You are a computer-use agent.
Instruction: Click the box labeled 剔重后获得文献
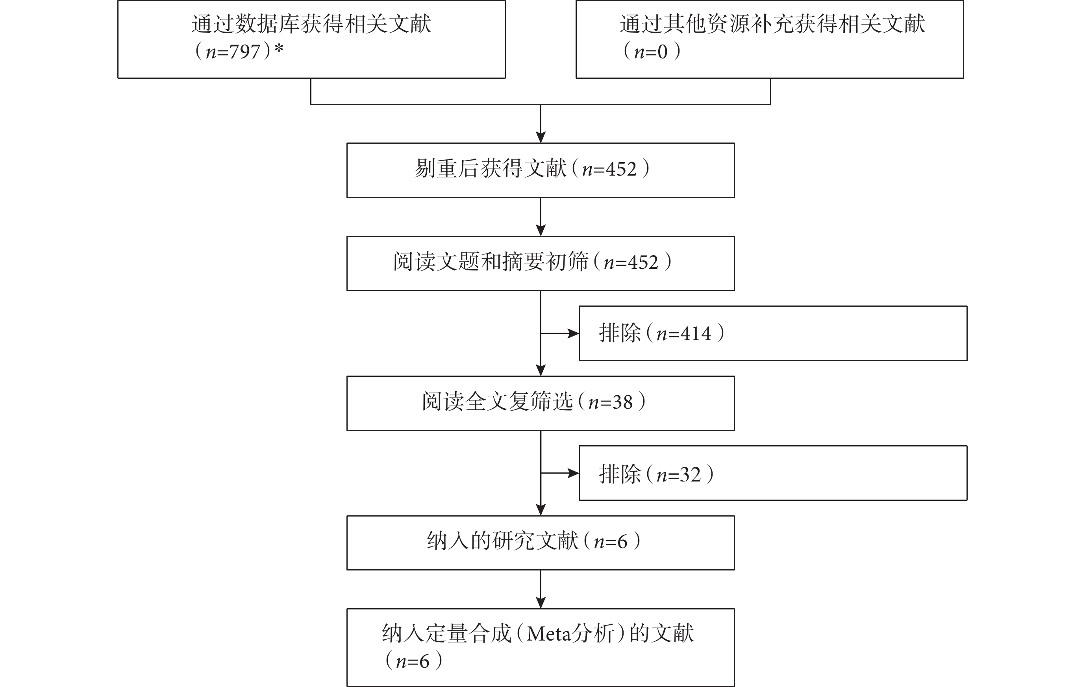540,170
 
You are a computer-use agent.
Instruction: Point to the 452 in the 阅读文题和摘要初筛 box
642,262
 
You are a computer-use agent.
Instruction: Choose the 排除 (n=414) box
773,333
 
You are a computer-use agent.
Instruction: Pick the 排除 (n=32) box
773,473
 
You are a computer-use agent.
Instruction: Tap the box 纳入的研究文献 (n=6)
540,543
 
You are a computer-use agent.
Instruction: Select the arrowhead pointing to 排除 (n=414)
574,333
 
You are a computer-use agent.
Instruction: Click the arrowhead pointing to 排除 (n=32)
574,473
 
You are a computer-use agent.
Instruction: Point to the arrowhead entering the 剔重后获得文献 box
541,137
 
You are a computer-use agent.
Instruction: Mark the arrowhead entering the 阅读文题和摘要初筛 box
541,231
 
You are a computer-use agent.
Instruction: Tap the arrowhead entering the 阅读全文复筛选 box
541,370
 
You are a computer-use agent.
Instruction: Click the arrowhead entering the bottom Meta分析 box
541,603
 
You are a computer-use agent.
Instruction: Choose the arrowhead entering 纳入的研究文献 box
541,510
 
